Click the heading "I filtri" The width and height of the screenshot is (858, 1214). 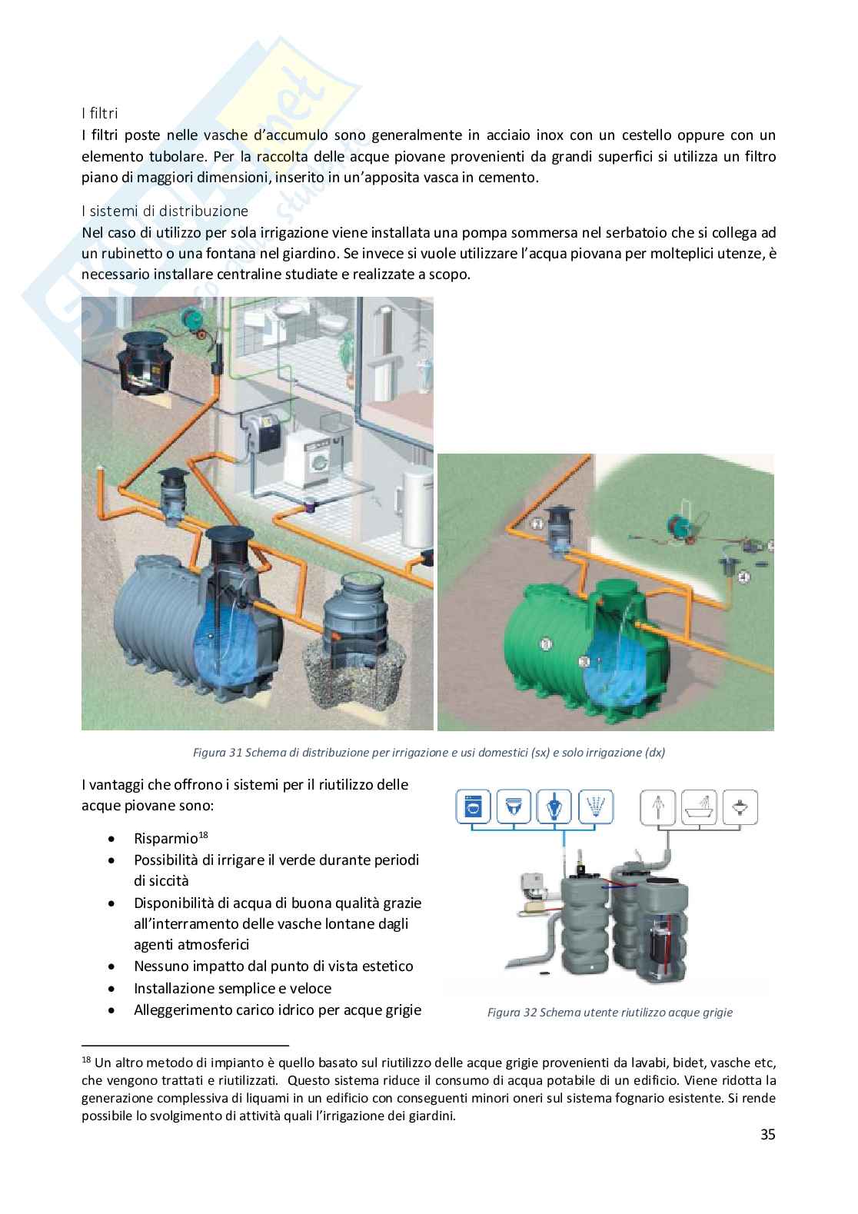point(99,114)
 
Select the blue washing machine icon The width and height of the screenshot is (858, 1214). point(474,808)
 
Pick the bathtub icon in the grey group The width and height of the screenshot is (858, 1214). point(700,808)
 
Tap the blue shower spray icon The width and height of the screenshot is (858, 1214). point(595,808)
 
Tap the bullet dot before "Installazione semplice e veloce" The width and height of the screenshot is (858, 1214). point(114,989)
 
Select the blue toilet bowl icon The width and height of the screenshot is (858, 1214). point(514,808)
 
